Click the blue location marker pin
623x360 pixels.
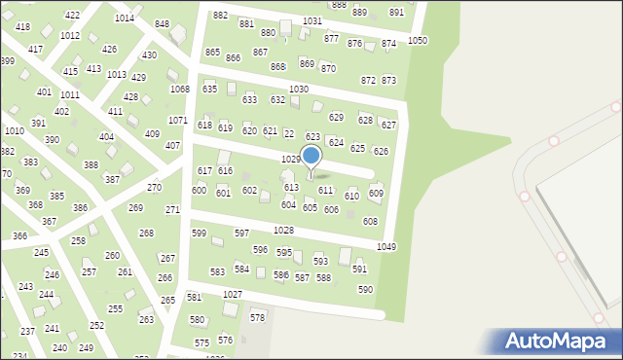click(311, 157)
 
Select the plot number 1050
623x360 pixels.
click(418, 40)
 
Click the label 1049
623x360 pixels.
click(386, 247)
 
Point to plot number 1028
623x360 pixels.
click(284, 230)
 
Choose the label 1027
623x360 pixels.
click(233, 294)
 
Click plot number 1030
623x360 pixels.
click(299, 89)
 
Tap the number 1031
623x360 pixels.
click(312, 20)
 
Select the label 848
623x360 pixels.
click(162, 24)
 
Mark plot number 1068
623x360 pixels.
click(179, 90)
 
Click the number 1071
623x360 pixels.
click(177, 121)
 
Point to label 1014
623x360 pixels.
click(125, 18)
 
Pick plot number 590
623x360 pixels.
click(365, 290)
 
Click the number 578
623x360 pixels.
click(258, 318)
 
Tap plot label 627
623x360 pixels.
click(388, 126)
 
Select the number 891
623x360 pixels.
click(396, 12)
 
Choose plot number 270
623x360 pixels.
click(154, 188)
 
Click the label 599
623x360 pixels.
click(199, 234)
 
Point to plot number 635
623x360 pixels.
click(209, 90)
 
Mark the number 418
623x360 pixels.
click(22, 27)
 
